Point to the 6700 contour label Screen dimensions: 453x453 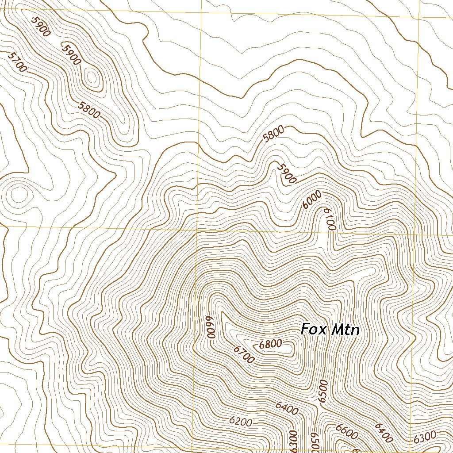point(244,355)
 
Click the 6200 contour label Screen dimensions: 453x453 point(241,422)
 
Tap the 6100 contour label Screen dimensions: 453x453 point(330,219)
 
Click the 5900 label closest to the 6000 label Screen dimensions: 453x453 point(286,173)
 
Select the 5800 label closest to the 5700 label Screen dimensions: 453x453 point(89,110)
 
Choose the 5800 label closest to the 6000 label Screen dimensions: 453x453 point(273,134)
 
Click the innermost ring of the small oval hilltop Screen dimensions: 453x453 point(92,78)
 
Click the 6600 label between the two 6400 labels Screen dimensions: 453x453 point(346,432)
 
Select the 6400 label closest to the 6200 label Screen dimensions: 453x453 point(286,408)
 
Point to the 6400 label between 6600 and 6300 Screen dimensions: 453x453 point(384,433)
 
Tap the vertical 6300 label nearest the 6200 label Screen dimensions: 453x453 point(292,441)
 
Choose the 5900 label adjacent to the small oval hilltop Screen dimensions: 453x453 point(71,54)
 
